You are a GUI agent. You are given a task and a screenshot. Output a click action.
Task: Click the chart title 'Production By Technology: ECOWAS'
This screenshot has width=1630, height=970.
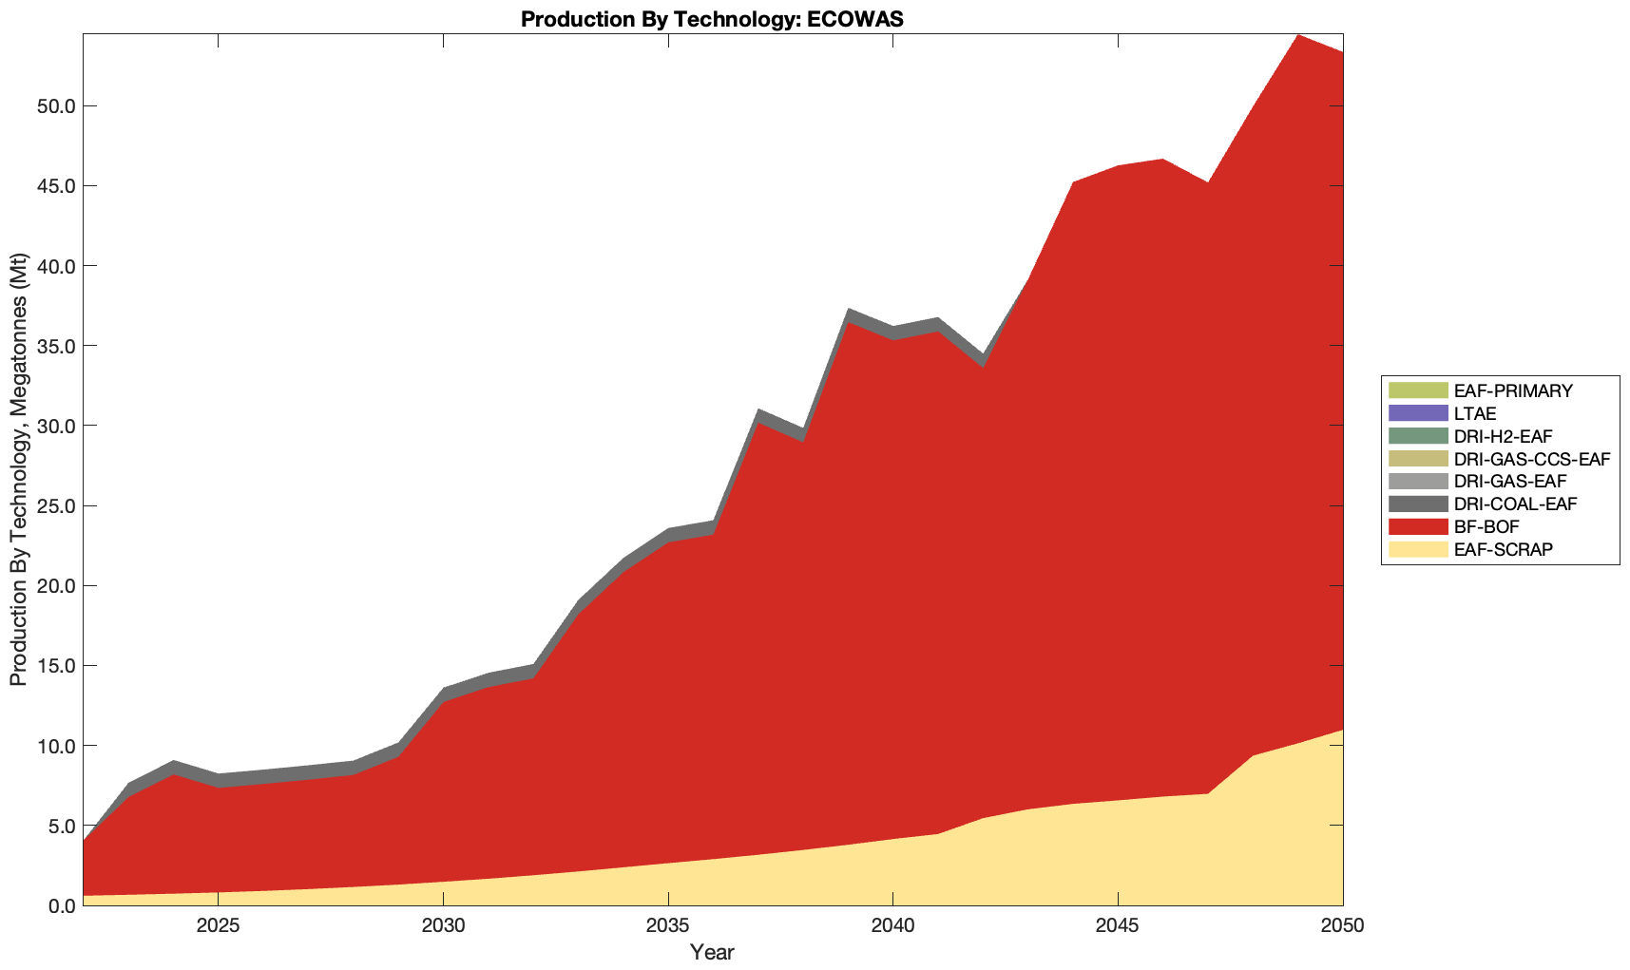point(712,18)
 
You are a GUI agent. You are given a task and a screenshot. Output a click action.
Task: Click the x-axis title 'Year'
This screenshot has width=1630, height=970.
point(712,952)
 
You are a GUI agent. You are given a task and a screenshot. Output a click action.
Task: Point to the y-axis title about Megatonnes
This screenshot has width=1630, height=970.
point(18,469)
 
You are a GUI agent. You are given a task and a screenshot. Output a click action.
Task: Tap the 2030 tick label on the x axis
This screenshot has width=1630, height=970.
point(443,926)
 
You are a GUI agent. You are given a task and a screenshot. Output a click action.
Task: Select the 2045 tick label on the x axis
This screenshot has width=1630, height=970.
point(1118,926)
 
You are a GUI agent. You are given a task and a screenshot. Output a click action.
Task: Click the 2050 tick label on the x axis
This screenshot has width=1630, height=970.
point(1342,926)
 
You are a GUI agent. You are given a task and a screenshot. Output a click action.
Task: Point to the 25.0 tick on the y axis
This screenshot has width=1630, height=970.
point(55,505)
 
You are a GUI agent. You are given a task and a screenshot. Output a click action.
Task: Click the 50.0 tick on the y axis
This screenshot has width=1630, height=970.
point(55,105)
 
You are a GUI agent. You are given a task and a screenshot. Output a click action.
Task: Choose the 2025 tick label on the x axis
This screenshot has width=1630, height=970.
point(219,926)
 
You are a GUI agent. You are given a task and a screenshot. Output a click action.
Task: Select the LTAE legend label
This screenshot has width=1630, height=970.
point(1475,413)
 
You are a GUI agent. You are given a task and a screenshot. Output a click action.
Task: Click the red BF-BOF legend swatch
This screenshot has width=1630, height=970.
point(1417,526)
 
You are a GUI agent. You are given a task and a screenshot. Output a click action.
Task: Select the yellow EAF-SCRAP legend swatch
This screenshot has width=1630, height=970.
point(1417,549)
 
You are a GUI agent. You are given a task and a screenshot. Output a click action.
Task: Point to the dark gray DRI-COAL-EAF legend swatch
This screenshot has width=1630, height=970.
point(1417,504)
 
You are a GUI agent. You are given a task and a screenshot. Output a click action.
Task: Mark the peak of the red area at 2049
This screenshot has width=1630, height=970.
point(1298,35)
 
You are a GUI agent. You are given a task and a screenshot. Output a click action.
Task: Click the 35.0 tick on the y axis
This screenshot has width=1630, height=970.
point(55,346)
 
